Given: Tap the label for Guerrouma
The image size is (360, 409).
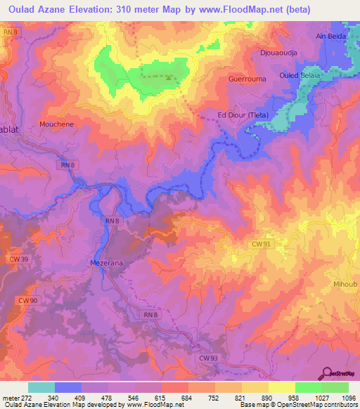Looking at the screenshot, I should click(x=247, y=79).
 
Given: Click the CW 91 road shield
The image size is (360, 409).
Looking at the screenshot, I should click(x=260, y=244).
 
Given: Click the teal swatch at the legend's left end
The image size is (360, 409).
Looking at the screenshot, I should click(x=41, y=387).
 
